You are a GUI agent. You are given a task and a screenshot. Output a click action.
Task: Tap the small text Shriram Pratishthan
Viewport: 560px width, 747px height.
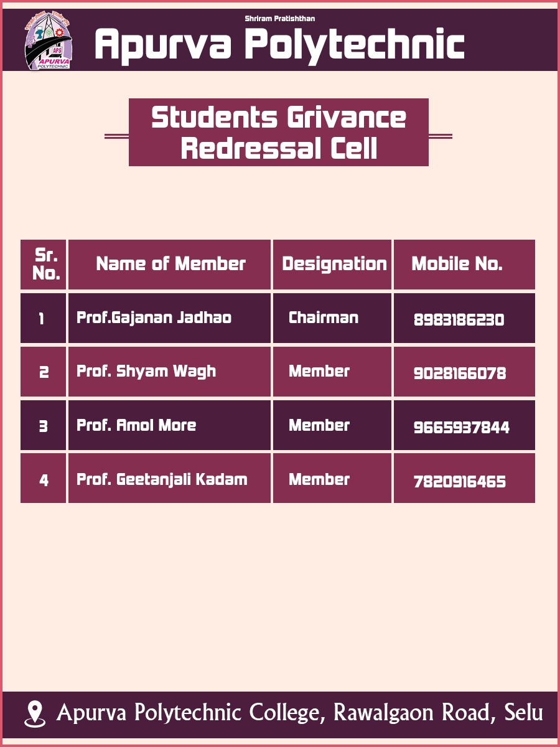(279, 19)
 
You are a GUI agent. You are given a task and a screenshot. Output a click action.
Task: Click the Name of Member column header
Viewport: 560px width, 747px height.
(170, 264)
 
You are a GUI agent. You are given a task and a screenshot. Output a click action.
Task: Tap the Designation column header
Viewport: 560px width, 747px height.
(334, 264)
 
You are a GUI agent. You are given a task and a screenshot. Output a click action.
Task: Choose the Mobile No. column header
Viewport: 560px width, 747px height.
(457, 264)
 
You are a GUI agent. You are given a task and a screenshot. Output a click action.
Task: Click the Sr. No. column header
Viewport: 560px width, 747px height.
(45, 264)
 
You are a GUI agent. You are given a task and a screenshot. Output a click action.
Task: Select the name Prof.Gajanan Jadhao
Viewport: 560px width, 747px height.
(154, 318)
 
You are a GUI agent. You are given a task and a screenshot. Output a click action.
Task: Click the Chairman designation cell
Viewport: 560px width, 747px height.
(324, 318)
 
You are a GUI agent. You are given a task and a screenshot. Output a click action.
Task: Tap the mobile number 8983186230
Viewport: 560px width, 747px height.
(459, 320)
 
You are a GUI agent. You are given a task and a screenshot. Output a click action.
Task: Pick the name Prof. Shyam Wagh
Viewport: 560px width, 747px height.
(146, 372)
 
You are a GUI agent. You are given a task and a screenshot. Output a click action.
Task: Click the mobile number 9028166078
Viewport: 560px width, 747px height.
(459, 374)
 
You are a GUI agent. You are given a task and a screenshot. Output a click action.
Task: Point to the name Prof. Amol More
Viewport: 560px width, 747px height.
(136, 426)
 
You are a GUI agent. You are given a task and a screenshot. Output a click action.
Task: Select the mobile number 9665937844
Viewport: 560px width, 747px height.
(461, 428)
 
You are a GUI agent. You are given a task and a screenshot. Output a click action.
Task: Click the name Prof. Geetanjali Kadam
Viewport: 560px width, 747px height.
(162, 480)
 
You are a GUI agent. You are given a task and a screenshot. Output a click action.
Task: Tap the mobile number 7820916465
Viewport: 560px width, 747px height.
(459, 482)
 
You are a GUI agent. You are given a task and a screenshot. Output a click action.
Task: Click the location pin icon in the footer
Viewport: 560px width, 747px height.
(35, 713)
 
